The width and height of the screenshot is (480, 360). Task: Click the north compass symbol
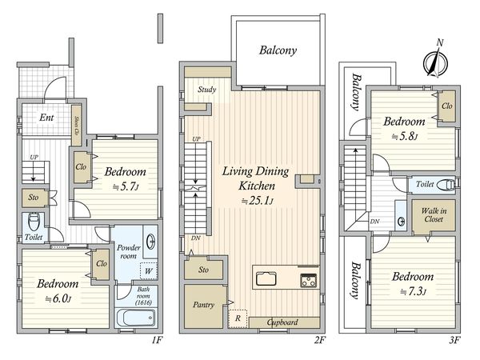pos(435,62)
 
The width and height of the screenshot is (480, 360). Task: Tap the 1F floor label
pos(157,340)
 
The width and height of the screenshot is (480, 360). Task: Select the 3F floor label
pos(455,340)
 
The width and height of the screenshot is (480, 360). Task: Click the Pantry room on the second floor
pos(203,306)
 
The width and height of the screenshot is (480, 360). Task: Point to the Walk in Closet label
pos(434,215)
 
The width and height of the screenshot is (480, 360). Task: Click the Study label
pos(206,90)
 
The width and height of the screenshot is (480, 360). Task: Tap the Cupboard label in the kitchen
pos(282,322)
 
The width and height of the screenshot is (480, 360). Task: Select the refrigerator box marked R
pos(238,318)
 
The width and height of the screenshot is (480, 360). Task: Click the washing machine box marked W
pos(149,271)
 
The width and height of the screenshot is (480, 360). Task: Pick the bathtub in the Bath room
pos(135,318)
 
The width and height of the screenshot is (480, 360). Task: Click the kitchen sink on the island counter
pos(266,278)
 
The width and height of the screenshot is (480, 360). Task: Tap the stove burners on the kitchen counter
pos(308,281)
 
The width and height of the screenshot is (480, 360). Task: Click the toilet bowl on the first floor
pos(34,222)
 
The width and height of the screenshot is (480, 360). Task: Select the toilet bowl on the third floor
pos(446,185)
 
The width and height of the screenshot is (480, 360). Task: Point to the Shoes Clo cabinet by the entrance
pos(76,126)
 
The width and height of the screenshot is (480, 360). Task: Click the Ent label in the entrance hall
pos(46,118)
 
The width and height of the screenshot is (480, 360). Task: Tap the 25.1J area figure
pos(257,201)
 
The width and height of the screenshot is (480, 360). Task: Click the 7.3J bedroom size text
pos(413,291)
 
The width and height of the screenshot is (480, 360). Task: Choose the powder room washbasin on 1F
pos(150,242)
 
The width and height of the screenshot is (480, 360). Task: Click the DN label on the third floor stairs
pos(374,222)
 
